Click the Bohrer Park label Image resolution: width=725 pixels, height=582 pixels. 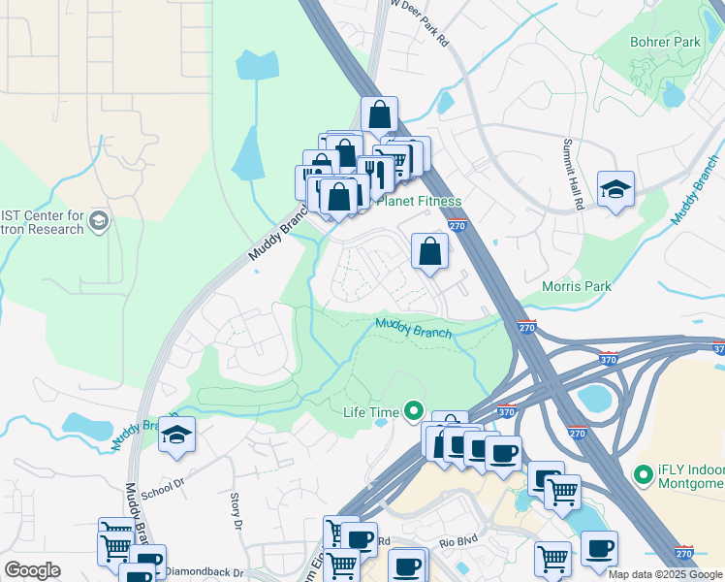665,43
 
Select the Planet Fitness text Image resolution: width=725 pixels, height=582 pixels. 418,201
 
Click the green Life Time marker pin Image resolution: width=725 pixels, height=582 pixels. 415,412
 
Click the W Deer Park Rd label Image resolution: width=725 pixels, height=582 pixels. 422,22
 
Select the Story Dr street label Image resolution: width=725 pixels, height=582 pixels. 235,510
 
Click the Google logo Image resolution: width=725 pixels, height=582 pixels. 32,570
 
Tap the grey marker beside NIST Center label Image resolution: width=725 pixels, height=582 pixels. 98,222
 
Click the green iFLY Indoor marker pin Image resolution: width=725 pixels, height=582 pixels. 642,474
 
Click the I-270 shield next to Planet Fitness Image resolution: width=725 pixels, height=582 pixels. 459,225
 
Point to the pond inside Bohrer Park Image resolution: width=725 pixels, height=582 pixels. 673,93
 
